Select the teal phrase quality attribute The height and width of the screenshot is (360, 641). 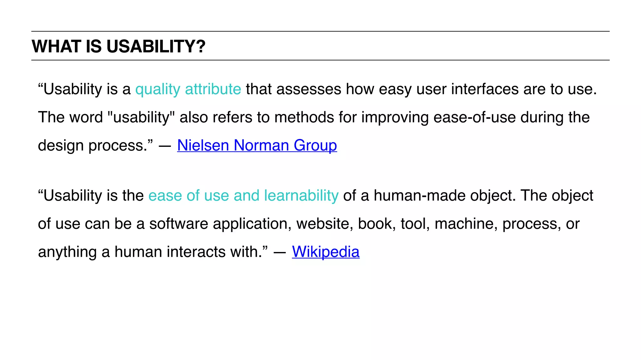(188, 89)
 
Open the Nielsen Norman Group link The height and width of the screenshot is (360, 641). (257, 146)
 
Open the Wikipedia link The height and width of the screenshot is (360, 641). (326, 252)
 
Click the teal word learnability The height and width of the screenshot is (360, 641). (301, 196)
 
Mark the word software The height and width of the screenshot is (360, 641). (178, 224)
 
